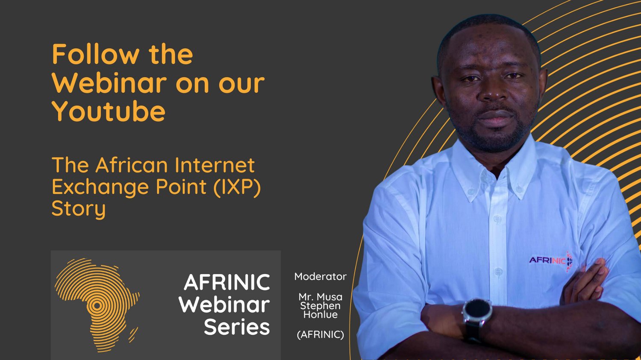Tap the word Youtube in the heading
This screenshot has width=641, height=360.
pyautogui.click(x=109, y=112)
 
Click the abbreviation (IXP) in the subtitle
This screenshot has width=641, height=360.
pyautogui.click(x=237, y=187)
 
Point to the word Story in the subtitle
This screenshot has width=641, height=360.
pyautogui.click(x=79, y=209)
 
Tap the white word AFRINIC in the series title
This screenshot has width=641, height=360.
pyautogui.click(x=227, y=283)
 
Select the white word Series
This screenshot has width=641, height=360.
pyautogui.click(x=237, y=327)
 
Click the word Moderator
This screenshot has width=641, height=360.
pyautogui.click(x=320, y=277)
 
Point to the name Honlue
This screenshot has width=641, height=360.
pyautogui.click(x=320, y=315)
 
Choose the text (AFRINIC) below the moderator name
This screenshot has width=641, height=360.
pyautogui.click(x=320, y=335)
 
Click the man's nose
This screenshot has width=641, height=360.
pyautogui.click(x=493, y=93)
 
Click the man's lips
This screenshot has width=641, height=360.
pyautogui.click(x=496, y=118)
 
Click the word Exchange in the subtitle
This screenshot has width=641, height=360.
pyautogui.click(x=100, y=187)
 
